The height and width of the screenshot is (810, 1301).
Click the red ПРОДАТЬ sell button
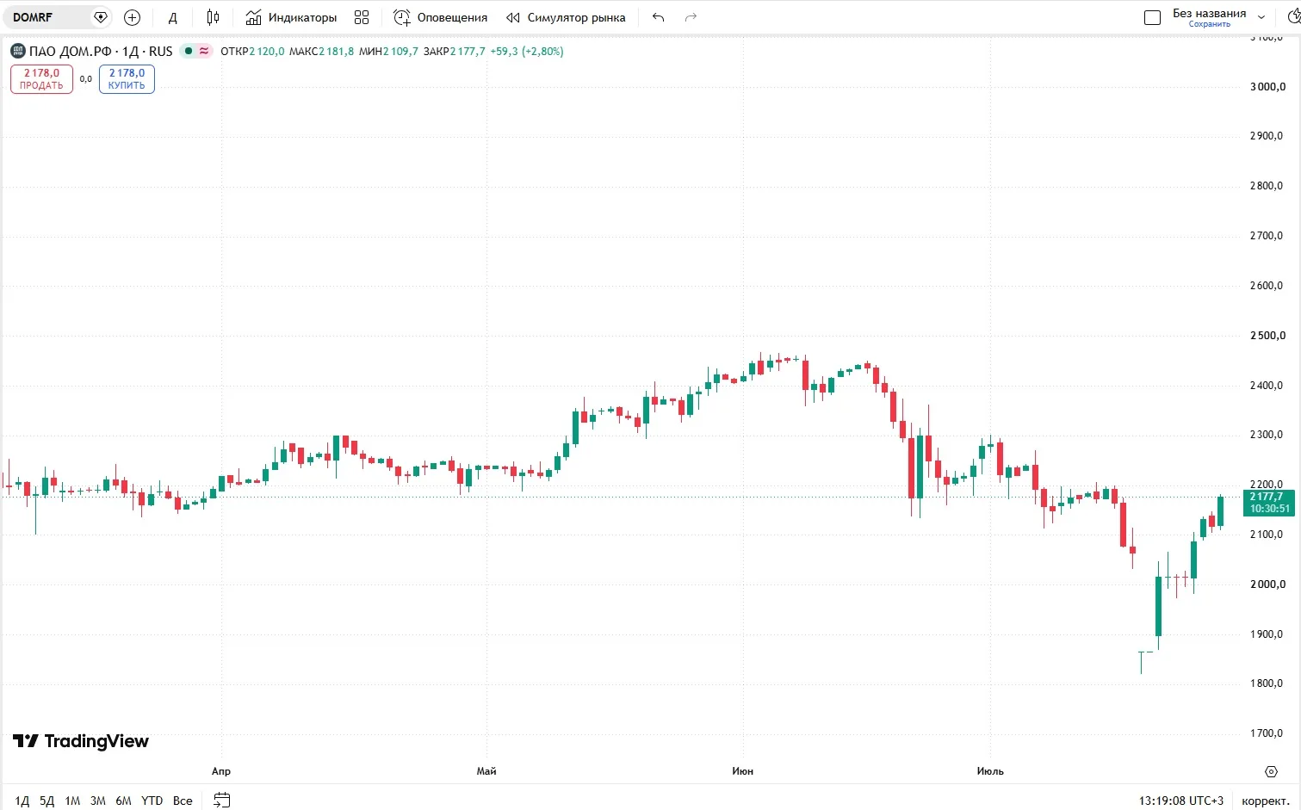pos(42,79)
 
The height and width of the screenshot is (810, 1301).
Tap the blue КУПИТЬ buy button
pos(127,79)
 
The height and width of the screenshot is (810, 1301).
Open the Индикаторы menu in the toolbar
pos(291,17)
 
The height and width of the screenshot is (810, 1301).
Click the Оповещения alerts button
pos(440,17)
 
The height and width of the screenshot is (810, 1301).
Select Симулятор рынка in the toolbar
pos(566,17)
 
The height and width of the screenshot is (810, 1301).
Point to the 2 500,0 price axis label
pos(1267,336)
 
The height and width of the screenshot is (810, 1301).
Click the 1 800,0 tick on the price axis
pos(1267,683)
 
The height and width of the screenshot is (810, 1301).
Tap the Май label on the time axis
pos(486,771)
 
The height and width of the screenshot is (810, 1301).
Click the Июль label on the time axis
pos(990,771)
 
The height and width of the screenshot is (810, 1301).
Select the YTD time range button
pos(152,801)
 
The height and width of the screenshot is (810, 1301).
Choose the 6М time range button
pos(123,801)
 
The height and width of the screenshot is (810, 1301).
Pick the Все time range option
pos(183,801)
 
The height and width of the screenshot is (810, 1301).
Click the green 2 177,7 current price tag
pos(1269,502)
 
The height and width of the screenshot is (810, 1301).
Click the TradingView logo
pos(81,741)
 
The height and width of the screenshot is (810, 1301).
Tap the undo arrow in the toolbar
pos(658,17)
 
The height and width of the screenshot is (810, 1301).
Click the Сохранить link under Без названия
pos(1209,24)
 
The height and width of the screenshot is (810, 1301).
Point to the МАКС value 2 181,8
pos(337,51)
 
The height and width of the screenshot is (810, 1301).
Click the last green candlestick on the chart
pos(1221,511)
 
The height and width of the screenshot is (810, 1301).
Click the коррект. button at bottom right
pos(1267,801)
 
